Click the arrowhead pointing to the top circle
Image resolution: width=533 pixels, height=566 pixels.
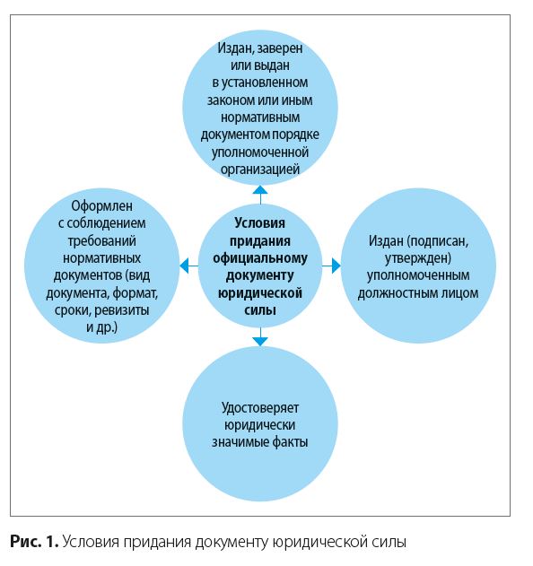coord(260,190)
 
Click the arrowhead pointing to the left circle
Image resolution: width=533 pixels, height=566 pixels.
coord(184,266)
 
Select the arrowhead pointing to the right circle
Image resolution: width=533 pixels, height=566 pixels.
coord(336,266)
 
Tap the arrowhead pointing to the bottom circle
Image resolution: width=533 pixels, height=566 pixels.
coord(260,342)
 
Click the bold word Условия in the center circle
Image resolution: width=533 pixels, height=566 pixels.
coord(260,223)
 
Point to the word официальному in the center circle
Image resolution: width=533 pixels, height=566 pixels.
coord(260,258)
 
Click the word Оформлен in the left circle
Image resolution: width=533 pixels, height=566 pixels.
coord(101,206)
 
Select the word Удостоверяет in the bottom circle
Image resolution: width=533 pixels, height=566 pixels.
coord(260,408)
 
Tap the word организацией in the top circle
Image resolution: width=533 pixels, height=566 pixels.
coord(260,170)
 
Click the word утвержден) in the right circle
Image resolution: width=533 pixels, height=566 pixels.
coord(418,258)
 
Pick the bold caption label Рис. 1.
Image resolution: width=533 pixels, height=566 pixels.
coord(34,542)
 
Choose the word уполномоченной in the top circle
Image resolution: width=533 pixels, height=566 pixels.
coord(260,152)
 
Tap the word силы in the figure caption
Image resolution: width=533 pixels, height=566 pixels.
coord(390,542)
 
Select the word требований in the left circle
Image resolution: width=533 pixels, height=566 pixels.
coord(101,241)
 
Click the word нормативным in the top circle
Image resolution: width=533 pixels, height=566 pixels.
coord(260,118)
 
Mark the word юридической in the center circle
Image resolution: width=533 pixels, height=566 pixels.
coord(260,293)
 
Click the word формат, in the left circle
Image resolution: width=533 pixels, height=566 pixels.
coord(135,293)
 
